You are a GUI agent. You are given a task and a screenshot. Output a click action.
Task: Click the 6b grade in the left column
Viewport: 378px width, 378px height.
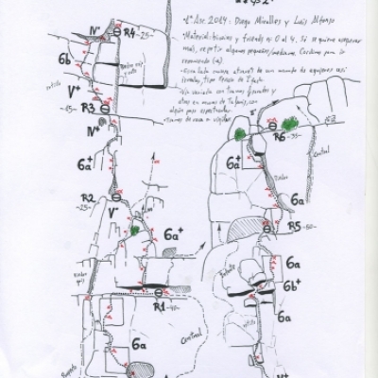coord(64,60)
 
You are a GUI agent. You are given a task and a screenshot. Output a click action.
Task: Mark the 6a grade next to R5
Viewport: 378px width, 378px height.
coord(296,200)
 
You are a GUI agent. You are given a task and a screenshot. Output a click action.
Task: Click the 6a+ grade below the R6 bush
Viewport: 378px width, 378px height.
coord(232,162)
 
